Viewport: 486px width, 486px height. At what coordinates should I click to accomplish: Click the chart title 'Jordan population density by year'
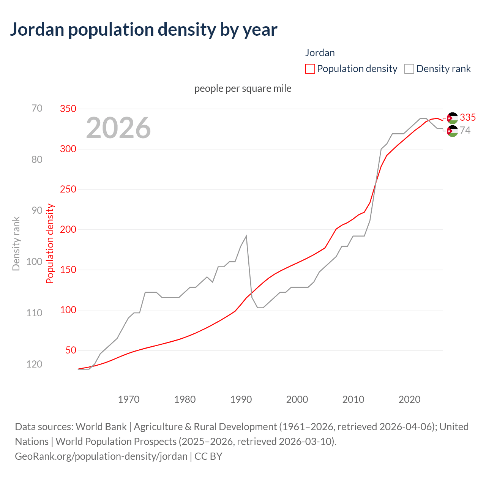tap(144, 30)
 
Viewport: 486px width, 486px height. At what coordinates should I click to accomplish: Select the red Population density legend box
tap(310, 69)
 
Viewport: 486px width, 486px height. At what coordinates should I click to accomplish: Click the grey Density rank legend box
tap(409, 69)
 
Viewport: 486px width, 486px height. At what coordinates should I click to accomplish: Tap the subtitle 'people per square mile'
tap(243, 88)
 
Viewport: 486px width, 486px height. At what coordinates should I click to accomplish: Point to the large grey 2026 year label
tap(118, 128)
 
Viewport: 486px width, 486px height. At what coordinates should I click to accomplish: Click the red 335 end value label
tap(468, 117)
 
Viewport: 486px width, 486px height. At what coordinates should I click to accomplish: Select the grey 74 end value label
tap(465, 130)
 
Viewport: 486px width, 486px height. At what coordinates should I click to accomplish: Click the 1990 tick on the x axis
tap(241, 399)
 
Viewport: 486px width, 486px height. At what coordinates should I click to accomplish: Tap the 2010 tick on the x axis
tap(353, 399)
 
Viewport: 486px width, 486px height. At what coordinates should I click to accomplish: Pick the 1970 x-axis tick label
tap(129, 399)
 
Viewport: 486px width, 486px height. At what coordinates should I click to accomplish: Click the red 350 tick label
tap(68, 109)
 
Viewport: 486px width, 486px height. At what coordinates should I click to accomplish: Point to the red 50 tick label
tap(71, 350)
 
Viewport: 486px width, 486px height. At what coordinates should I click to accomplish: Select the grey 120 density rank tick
tap(34, 364)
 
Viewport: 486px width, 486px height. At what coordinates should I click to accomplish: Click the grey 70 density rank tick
tap(37, 108)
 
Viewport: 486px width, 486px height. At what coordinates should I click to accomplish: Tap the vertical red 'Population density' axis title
tap(50, 244)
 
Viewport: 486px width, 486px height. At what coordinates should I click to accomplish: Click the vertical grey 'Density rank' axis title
tap(16, 244)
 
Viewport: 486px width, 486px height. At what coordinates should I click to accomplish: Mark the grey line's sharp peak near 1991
tap(246, 236)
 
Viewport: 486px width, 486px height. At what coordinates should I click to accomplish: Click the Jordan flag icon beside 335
tap(452, 118)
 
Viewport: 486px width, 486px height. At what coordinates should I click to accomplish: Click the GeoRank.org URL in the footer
tap(101, 456)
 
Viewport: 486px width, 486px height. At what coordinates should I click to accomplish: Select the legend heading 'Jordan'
tap(320, 53)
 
